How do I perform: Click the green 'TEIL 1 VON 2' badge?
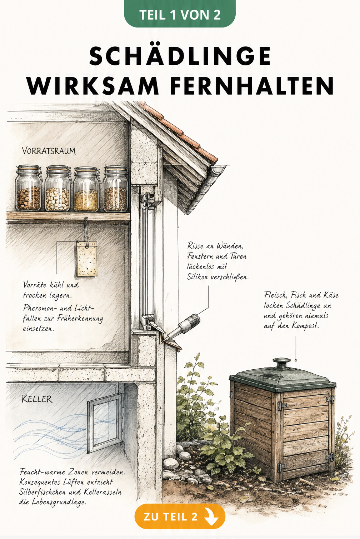point(180,14)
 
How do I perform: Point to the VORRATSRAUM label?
point(49,151)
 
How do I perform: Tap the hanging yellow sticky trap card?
point(87,259)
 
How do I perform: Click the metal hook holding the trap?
point(86,229)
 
